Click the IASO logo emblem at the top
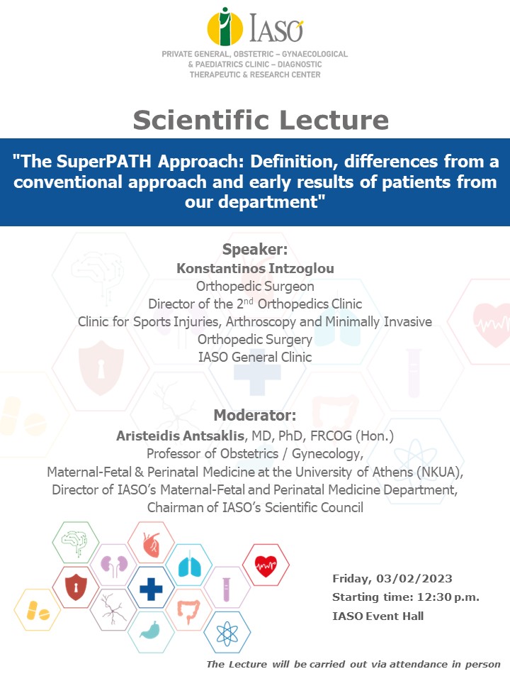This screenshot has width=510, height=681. click(x=225, y=27)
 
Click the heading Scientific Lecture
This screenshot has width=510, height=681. click(x=261, y=120)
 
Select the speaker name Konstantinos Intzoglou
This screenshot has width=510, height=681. click(x=255, y=268)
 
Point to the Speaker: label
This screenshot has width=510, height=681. click(x=255, y=249)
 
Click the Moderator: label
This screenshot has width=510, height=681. click(x=255, y=415)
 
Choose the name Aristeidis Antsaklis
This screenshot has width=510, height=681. click(x=181, y=436)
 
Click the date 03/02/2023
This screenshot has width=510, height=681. click(x=414, y=579)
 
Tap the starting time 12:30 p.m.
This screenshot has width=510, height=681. click(x=448, y=597)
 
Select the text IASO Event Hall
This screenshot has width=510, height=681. click(x=378, y=616)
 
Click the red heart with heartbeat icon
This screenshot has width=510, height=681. click(x=266, y=566)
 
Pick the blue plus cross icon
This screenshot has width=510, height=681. click(x=151, y=589)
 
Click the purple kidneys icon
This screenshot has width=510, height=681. click(x=114, y=565)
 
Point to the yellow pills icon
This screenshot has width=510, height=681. click(x=38, y=611)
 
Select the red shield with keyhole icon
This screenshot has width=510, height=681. click(x=76, y=587)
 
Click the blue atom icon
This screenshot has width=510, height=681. click(x=227, y=634)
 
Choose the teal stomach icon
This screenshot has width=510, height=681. click(x=151, y=630)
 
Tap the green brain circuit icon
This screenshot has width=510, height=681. click(x=76, y=543)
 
